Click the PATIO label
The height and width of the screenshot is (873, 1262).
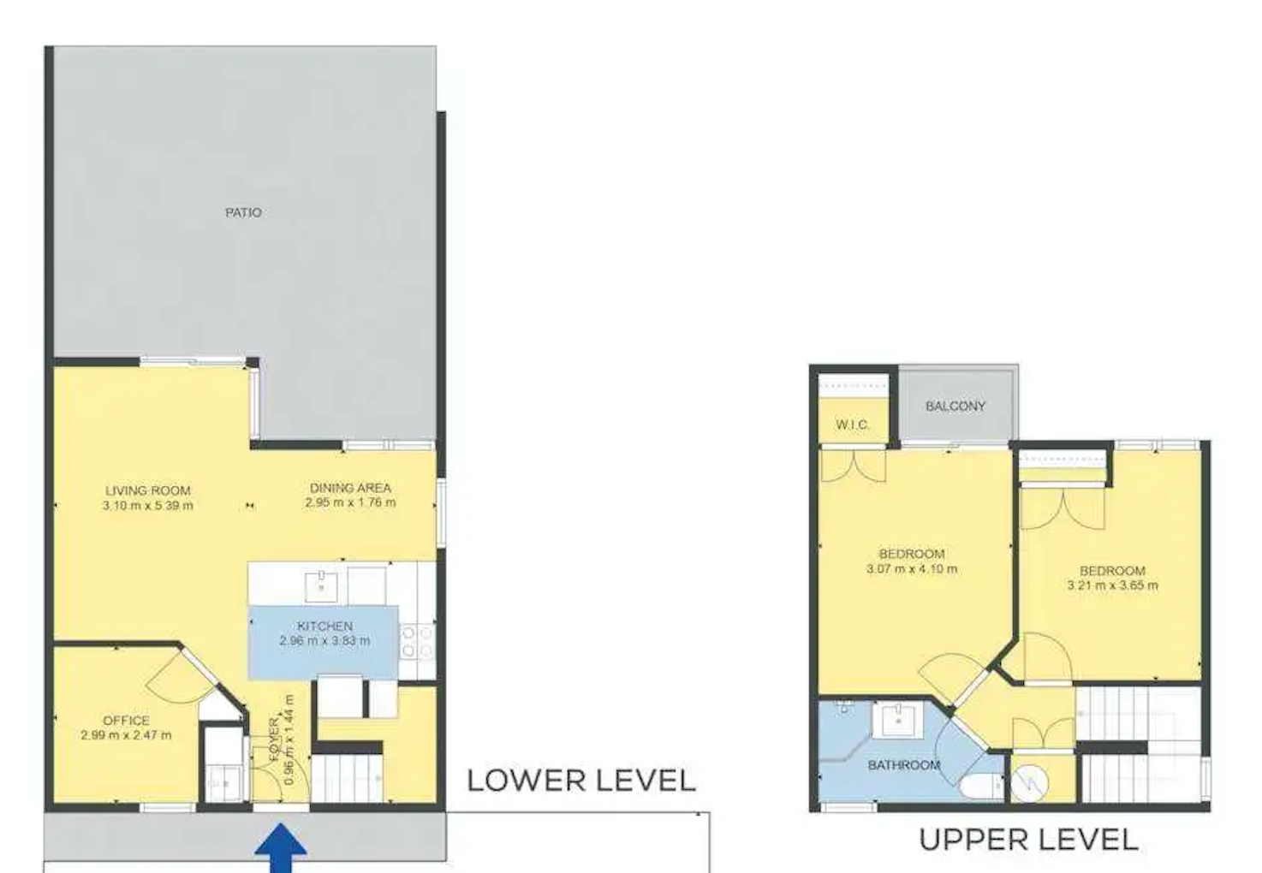243,213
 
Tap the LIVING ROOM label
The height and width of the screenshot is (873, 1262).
147,490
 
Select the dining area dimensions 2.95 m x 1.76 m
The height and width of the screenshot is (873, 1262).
350,502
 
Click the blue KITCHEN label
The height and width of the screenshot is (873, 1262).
324,626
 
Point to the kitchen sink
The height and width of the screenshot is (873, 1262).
321,586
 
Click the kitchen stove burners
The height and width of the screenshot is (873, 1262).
418,642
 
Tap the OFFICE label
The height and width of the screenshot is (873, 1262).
126,721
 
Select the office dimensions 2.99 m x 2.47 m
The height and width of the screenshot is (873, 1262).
126,735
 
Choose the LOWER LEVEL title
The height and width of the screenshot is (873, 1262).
580,781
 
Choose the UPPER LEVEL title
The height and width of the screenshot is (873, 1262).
1028,840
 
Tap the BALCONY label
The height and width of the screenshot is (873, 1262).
955,406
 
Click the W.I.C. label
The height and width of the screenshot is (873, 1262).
852,425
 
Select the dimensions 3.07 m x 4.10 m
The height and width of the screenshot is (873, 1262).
912,569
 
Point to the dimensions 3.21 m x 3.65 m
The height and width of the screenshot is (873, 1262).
1112,585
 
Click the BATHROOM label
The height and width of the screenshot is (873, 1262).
903,765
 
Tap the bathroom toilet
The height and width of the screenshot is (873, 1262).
981,786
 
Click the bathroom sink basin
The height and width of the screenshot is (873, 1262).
898,721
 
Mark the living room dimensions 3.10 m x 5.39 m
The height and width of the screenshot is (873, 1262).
147,506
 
